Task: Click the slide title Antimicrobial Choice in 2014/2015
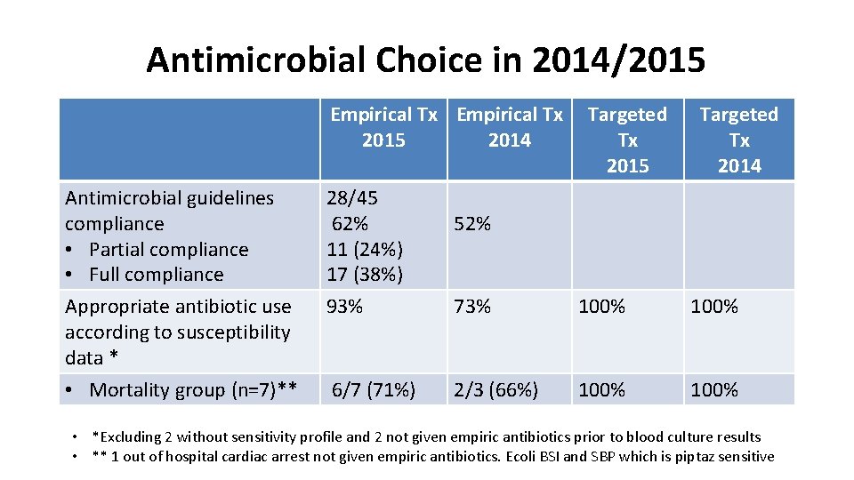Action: coord(425,60)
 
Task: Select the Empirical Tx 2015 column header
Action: coord(383,127)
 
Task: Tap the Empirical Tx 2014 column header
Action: coord(509,127)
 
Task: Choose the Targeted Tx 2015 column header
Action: coord(627,140)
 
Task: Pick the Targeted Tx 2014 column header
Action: coord(738,140)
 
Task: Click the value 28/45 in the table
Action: coord(352,198)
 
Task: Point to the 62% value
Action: coord(350,224)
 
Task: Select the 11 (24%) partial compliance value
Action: coord(365,250)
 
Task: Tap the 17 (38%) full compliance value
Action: coord(365,275)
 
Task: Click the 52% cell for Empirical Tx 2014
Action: coord(472,224)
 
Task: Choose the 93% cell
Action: coord(345,307)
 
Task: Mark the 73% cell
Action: coord(472,307)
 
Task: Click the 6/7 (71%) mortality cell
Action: coord(374,389)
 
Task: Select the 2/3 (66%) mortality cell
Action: coord(496,389)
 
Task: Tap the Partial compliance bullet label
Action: coord(169,250)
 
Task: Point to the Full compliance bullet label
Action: coord(157,275)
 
